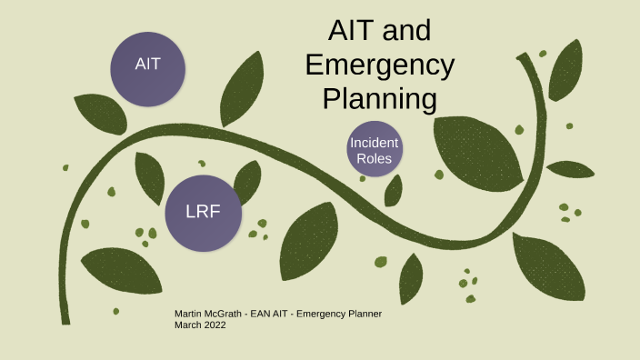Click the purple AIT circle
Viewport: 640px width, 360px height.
[x=147, y=65]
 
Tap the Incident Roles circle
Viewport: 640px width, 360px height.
[x=374, y=149]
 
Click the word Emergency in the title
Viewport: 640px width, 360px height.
[x=380, y=65]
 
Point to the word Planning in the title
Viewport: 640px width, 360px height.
[x=380, y=97]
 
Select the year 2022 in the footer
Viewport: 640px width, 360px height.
[x=214, y=325]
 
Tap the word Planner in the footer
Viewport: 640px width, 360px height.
[x=365, y=315]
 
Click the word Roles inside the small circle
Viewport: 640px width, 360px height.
[x=374, y=158]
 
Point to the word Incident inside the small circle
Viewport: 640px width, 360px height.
[x=374, y=143]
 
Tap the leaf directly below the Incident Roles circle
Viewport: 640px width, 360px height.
[x=394, y=191]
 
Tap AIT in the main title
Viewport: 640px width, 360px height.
[x=349, y=34]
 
